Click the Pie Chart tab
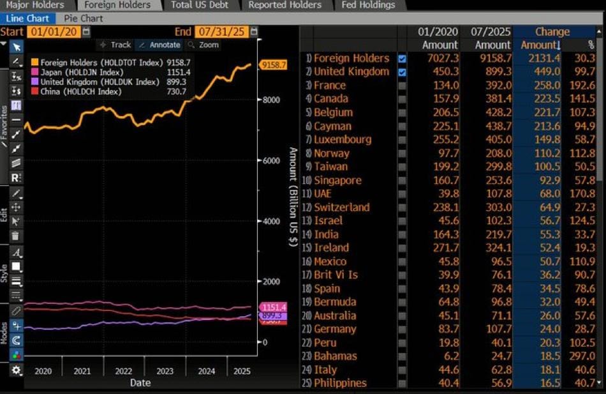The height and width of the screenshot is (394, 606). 83,19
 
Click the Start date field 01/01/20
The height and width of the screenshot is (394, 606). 54,31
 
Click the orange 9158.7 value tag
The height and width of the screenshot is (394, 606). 273,64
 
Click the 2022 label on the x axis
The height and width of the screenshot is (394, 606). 123,371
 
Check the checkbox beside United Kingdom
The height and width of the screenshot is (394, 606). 402,72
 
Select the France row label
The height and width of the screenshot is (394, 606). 330,86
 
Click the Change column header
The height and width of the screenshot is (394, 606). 552,31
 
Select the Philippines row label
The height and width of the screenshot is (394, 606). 340,383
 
